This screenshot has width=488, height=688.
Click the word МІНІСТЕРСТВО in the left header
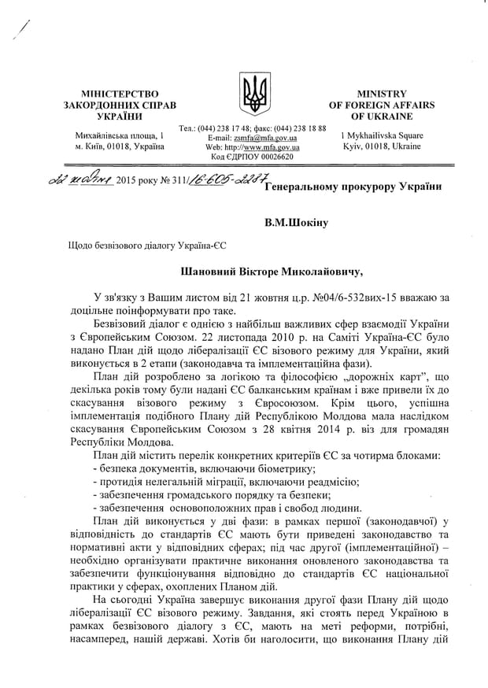click(120, 93)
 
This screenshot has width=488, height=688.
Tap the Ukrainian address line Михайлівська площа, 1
click(120, 135)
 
